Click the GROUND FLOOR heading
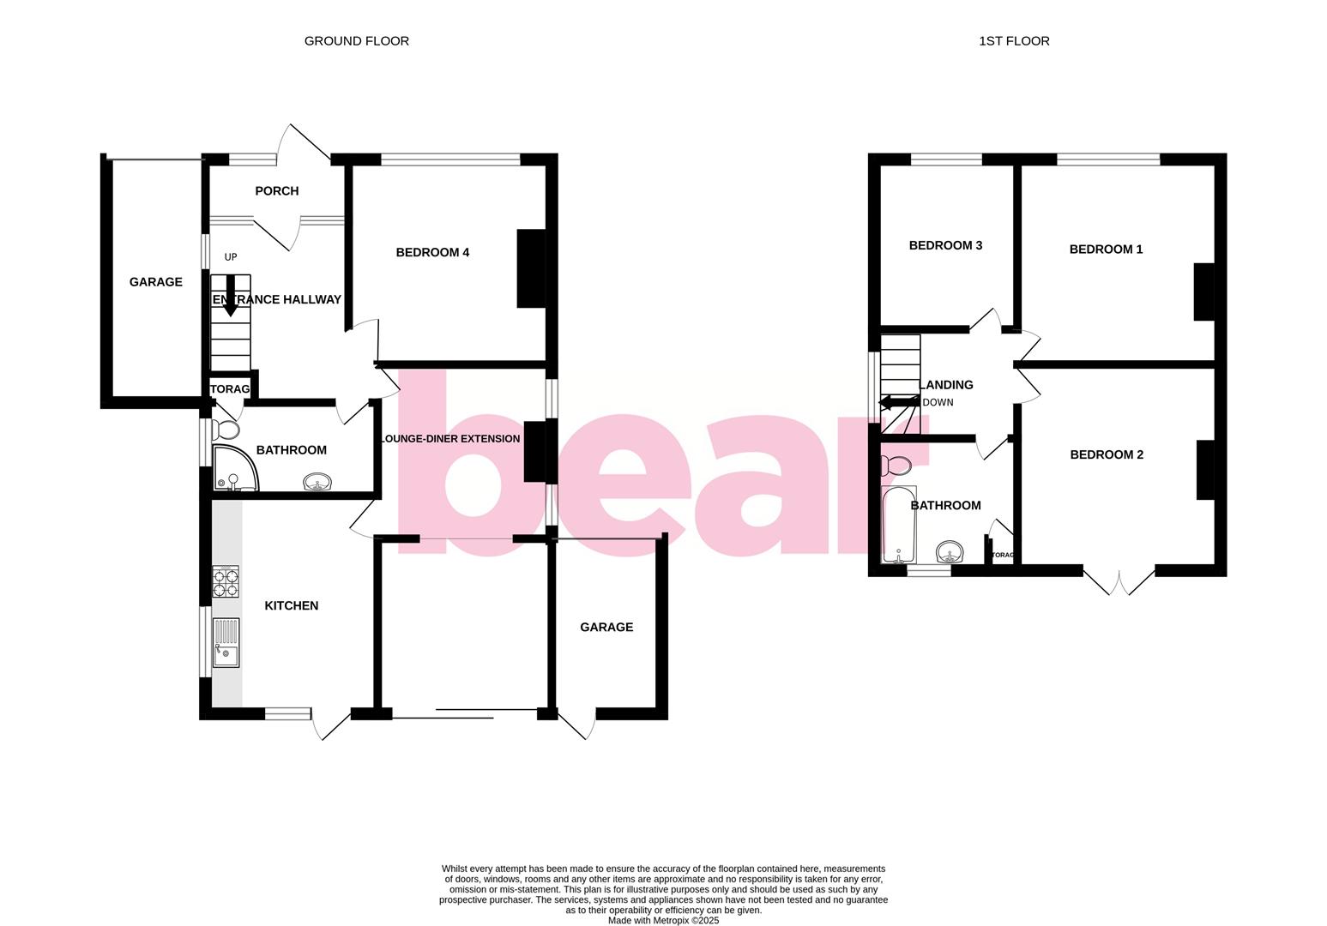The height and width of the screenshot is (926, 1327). tap(356, 41)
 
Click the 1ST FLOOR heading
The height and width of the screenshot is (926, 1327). tap(1014, 41)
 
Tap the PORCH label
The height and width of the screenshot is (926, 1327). tap(276, 191)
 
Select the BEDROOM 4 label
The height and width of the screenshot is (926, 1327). tap(432, 253)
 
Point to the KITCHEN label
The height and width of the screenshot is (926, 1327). tap(291, 606)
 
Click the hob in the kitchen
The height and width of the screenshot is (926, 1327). tap(226, 582)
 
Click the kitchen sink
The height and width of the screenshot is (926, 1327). tap(226, 643)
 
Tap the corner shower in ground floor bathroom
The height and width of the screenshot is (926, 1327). tap(232, 469)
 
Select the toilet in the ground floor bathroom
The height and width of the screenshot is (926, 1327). tap(227, 430)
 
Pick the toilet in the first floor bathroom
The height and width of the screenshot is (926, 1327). tap(896, 466)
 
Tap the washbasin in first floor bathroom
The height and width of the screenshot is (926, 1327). tap(949, 550)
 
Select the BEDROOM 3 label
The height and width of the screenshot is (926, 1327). tap(945, 246)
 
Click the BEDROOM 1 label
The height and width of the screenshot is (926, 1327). tap(1106, 250)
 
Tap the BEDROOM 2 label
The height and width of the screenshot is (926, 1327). tap(1107, 455)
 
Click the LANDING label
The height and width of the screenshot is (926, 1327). tap(947, 385)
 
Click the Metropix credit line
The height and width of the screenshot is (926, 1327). tap(663, 921)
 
